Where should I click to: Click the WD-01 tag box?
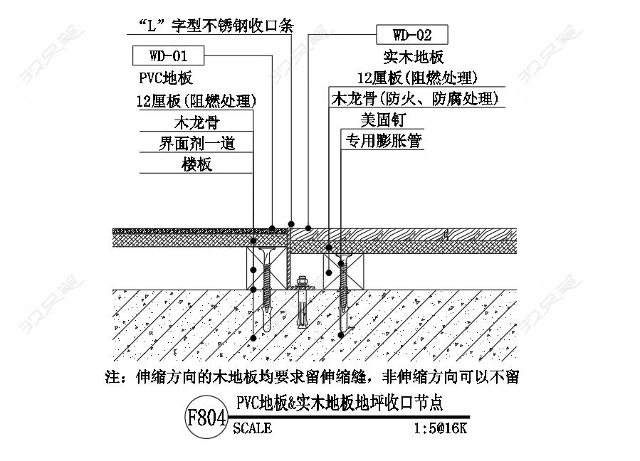168,55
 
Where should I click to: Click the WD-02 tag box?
412,35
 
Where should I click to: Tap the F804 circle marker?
206,417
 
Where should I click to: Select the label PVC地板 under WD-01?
166,78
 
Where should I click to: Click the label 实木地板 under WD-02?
414,57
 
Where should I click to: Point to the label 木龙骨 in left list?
196,122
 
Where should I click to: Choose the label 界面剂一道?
196,143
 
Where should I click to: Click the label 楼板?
196,164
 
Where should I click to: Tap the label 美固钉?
383,120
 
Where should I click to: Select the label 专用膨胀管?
384,141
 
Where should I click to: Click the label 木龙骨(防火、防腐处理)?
415,99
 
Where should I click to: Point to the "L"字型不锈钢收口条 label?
216,26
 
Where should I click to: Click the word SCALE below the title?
252,428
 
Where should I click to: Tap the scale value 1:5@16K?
440,428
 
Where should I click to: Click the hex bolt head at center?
301,281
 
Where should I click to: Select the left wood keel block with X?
266,269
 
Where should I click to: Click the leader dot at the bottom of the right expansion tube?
341,335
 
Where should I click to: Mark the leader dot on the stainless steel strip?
291,224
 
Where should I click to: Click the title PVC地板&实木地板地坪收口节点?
340,403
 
